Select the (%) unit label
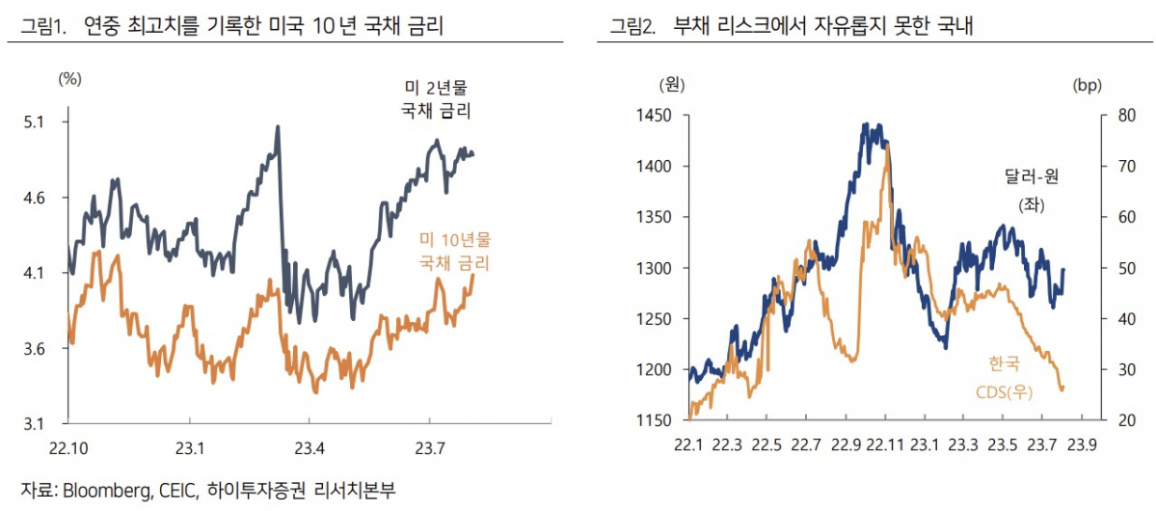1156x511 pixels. click(x=70, y=79)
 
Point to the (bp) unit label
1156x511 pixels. click(x=1086, y=86)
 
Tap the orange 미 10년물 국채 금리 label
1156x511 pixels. click(x=453, y=252)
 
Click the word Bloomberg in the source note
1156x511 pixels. click(x=105, y=492)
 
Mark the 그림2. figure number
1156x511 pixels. click(x=632, y=26)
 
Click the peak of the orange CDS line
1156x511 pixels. click(x=886, y=145)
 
